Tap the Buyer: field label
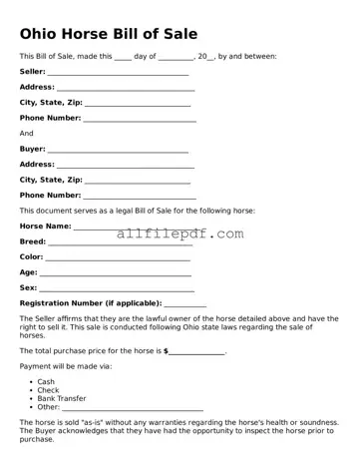pyautogui.click(x=32, y=149)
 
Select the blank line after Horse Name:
pyautogui.click(x=100, y=228)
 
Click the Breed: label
pyautogui.click(x=33, y=241)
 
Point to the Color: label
pyautogui.click(x=31, y=256)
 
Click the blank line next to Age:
pyautogui.click(x=115, y=272)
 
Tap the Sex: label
pyautogui.click(x=28, y=287)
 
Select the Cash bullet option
pyautogui.click(x=46, y=381)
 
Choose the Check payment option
pyautogui.click(x=48, y=389)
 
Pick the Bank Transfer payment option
pyautogui.click(x=61, y=398)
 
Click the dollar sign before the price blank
pyautogui.click(x=166, y=351)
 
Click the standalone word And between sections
pyautogui.click(x=26, y=133)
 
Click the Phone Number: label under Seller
pyautogui.click(x=50, y=118)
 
